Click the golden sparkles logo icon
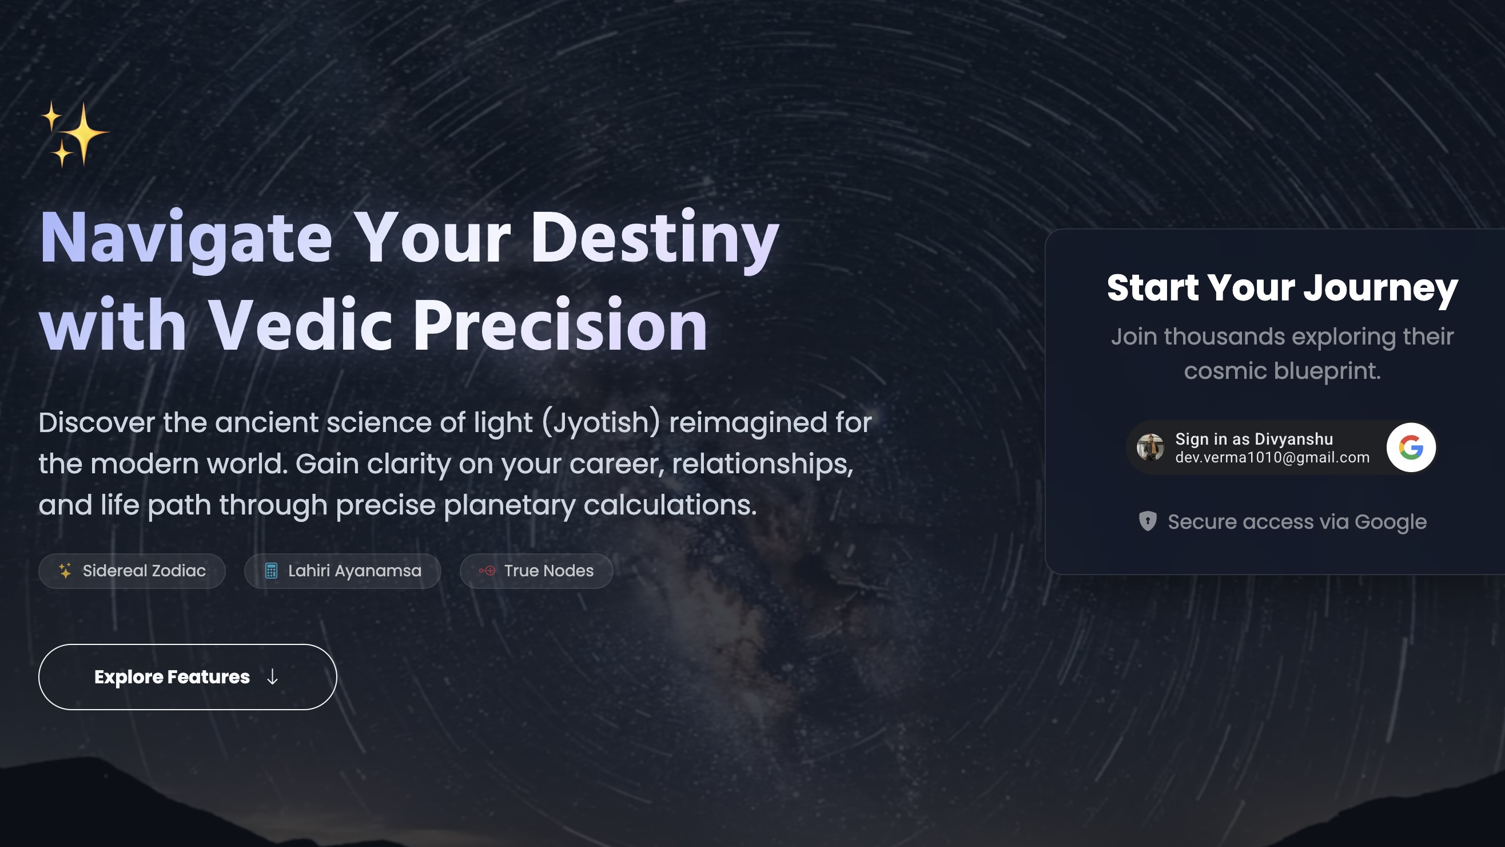(75, 134)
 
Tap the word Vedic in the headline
(300, 325)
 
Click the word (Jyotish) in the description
(601, 422)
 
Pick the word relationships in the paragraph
(762, 464)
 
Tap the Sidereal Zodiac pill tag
(132, 571)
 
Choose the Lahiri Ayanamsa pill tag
(343, 571)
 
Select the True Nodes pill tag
(536, 571)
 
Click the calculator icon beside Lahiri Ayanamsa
(271, 571)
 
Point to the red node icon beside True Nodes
(487, 571)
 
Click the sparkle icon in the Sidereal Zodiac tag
(65, 571)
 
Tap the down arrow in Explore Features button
(272, 677)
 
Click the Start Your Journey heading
(1283, 288)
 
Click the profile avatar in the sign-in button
(1150, 448)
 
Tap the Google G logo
(1411, 448)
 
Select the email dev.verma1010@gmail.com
(1272, 458)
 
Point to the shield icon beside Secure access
(1148, 521)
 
